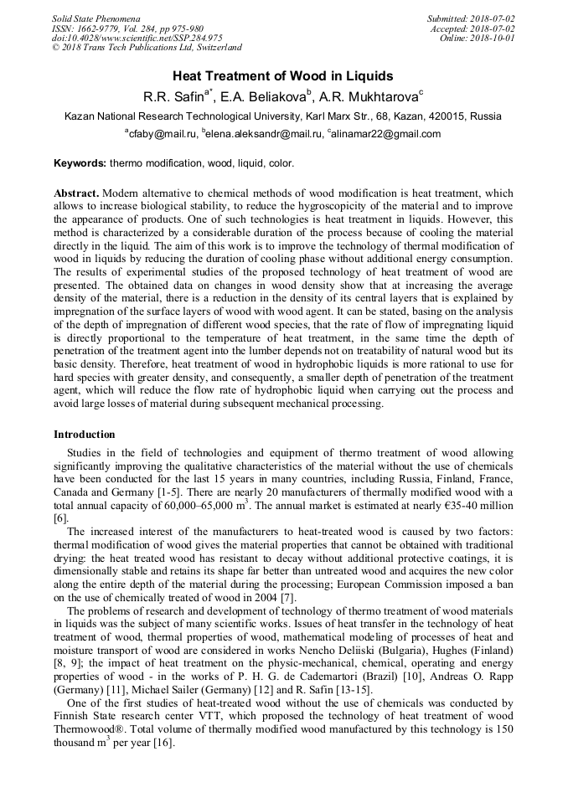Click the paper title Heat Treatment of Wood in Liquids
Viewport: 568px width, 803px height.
[283, 76]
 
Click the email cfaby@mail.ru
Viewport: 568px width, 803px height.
[163, 134]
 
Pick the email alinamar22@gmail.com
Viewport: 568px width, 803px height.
[386, 134]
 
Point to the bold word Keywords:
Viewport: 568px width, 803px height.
[80, 163]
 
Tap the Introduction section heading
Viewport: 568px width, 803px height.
[85, 435]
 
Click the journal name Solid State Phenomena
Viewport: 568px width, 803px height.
[96, 18]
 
